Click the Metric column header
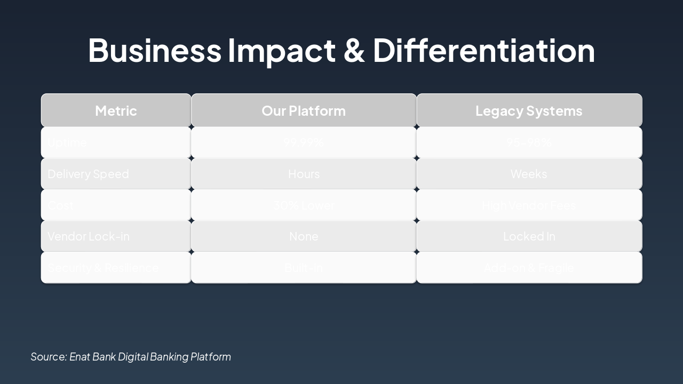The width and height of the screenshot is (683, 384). [x=116, y=110]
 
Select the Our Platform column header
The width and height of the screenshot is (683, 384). [x=304, y=110]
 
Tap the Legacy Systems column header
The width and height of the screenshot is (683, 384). [x=529, y=110]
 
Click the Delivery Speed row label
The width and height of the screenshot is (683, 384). [x=88, y=174]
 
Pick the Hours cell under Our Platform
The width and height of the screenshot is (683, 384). [x=304, y=174]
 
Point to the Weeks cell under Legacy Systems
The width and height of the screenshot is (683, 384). [x=529, y=174]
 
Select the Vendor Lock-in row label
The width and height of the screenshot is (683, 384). [x=89, y=236]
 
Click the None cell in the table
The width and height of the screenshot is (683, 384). [x=304, y=236]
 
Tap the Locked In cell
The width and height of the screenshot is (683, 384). [x=529, y=236]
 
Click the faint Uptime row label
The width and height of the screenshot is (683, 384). [x=67, y=142]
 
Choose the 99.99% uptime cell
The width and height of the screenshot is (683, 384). [x=304, y=142]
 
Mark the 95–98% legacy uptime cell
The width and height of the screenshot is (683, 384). [x=529, y=142]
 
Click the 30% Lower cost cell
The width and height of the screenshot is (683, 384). [x=304, y=205]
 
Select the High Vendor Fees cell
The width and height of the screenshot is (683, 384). [x=529, y=205]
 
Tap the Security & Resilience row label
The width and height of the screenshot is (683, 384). [x=103, y=268]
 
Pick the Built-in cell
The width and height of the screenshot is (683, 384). [x=304, y=268]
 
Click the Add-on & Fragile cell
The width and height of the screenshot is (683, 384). [x=529, y=268]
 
